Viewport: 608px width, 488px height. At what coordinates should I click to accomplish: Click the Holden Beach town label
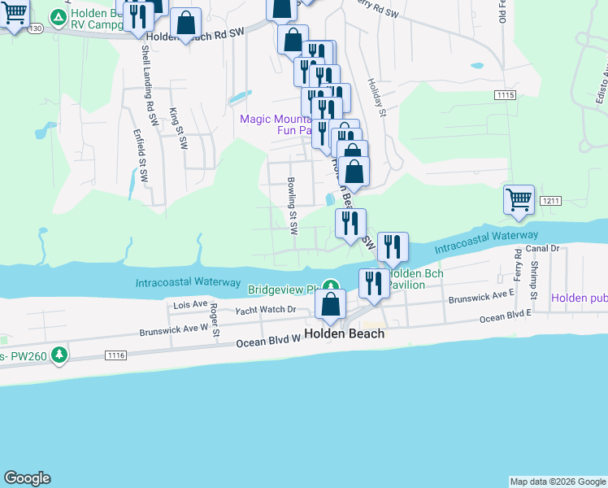344,334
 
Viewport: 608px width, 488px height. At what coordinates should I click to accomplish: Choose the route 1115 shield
505,95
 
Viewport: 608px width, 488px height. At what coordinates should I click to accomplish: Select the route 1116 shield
115,355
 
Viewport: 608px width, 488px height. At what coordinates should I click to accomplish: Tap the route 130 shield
34,28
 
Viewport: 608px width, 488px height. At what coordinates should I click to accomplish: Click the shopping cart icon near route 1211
519,198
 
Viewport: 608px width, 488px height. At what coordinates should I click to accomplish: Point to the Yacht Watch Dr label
266,310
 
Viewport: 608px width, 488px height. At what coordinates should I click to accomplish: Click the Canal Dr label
544,248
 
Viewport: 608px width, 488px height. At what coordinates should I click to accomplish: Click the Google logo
27,478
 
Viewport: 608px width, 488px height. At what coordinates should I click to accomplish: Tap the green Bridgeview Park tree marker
330,286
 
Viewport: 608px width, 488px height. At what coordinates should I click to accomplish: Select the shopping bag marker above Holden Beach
331,305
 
